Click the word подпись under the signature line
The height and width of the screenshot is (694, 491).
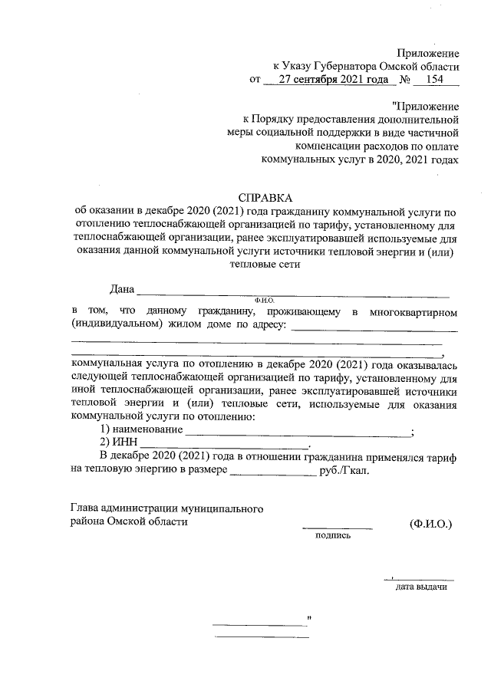pos(333,535)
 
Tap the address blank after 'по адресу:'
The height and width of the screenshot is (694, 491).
pos(375,330)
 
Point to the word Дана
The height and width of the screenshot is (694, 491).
pos(122,289)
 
